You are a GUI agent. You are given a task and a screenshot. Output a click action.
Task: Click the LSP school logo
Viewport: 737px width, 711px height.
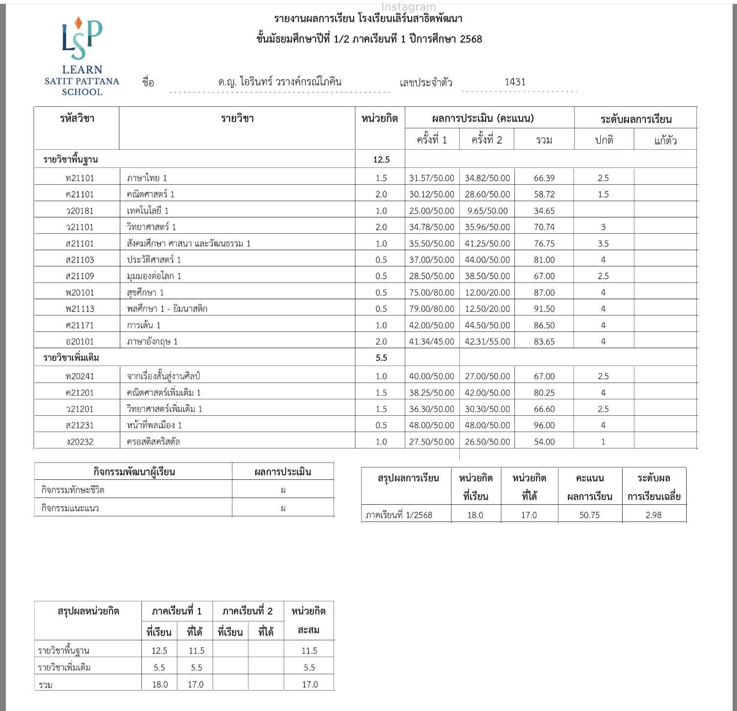[x=82, y=56]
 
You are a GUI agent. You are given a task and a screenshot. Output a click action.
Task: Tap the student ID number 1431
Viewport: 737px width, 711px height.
[x=515, y=82]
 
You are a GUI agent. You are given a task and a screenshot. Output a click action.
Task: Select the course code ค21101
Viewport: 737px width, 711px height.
[x=79, y=194]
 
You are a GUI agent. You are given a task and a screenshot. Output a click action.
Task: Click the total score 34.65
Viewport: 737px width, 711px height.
[x=544, y=211]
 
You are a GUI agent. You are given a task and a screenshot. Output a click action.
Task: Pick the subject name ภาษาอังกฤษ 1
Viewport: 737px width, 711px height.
[x=152, y=342]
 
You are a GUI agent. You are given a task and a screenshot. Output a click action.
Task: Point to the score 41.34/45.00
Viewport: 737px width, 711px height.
[x=431, y=342]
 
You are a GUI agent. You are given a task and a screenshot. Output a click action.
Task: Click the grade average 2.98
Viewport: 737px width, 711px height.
[x=653, y=515]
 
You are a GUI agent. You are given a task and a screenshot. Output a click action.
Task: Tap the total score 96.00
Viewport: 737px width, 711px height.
[x=544, y=426]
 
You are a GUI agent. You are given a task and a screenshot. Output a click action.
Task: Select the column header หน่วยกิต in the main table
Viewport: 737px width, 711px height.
[x=380, y=118]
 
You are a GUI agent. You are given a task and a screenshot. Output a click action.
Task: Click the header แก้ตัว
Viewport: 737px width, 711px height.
[x=665, y=141]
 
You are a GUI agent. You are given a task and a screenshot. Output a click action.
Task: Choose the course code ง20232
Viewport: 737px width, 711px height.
[x=79, y=442]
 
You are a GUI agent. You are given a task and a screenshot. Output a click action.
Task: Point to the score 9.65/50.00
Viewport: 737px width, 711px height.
[x=487, y=211]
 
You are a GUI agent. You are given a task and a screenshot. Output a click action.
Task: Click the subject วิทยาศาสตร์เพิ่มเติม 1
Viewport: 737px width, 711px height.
[x=164, y=409]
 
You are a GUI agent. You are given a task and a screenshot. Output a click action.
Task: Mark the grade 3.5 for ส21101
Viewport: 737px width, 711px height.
[x=603, y=244]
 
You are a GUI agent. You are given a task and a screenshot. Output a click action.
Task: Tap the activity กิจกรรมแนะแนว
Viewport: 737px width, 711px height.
[x=70, y=508]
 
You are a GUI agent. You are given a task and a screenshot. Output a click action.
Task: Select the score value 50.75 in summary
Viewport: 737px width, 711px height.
[x=589, y=515]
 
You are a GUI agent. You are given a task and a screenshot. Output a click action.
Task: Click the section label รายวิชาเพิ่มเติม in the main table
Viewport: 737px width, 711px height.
[x=71, y=358]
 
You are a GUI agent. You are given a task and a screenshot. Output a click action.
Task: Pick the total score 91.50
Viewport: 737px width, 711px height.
[x=544, y=309]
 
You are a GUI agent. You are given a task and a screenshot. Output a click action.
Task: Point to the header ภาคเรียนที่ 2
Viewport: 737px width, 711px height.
[x=247, y=611]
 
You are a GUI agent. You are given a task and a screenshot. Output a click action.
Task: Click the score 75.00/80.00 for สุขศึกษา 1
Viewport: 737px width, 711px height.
[x=431, y=293]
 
